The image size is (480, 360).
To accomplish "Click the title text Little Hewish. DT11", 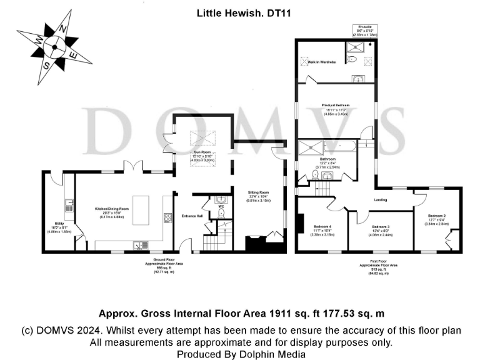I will (x=239, y=12).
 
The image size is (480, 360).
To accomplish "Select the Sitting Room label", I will (x=257, y=194).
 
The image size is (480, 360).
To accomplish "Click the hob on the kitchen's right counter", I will (x=167, y=218).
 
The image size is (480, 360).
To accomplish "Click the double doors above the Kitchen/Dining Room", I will (x=132, y=167).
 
